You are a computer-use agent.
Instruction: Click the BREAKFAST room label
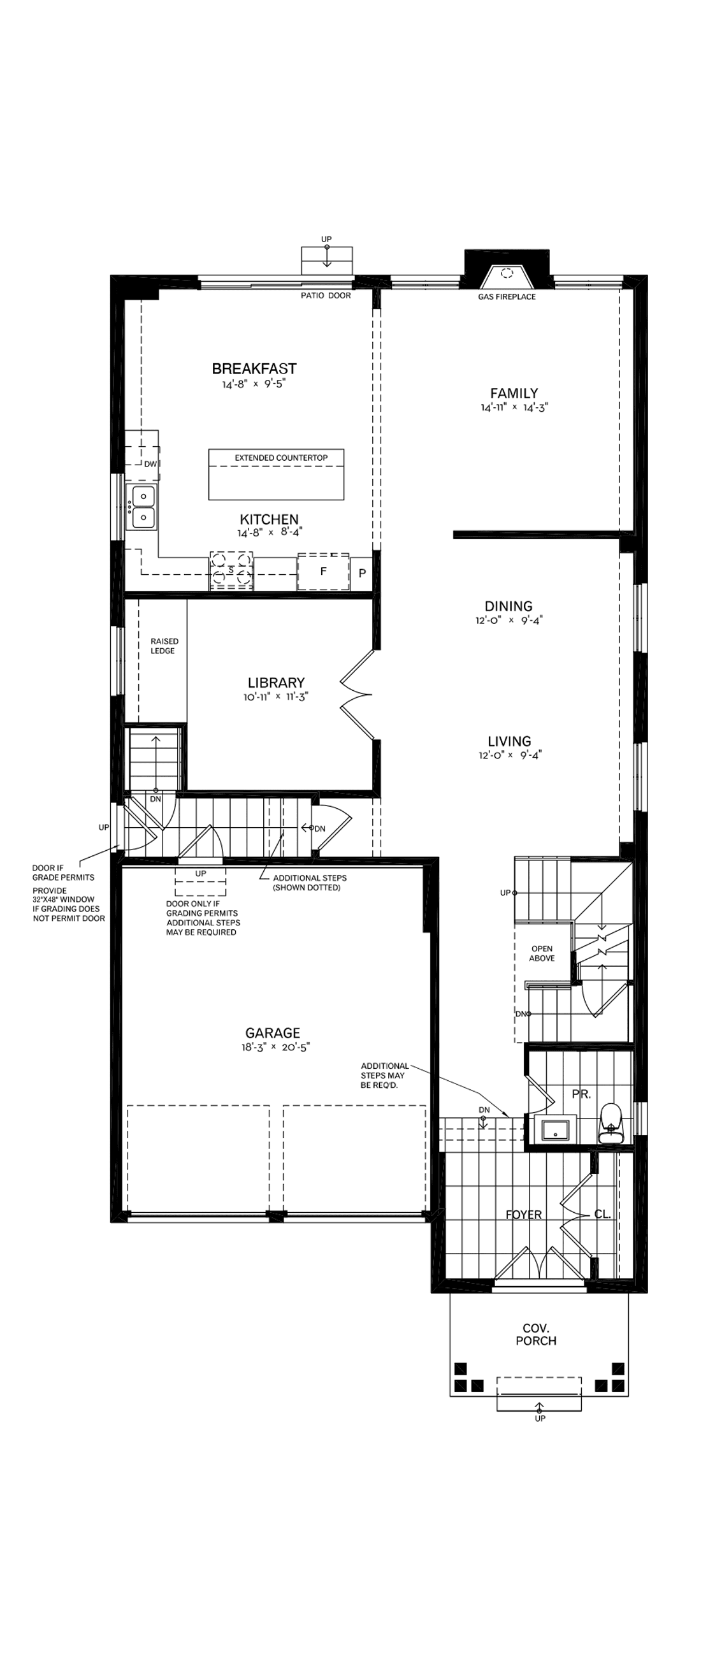click(254, 368)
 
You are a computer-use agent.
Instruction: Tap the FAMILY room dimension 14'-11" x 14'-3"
click(514, 407)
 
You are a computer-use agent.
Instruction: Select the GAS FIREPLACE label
click(507, 296)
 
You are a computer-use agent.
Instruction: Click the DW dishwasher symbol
click(150, 464)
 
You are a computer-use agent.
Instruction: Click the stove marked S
click(231, 570)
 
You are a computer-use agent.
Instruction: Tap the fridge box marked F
click(323, 571)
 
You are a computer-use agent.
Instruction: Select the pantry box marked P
click(362, 572)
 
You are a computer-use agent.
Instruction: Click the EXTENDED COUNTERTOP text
click(281, 458)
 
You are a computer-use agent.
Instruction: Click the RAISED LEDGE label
click(164, 646)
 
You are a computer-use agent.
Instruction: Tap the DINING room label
click(508, 606)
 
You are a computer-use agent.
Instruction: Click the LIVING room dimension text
click(510, 755)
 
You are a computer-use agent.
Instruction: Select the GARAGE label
click(273, 1033)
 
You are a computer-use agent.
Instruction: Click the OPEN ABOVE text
click(542, 953)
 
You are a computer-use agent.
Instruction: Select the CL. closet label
click(603, 1215)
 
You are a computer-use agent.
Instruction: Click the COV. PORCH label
click(536, 1334)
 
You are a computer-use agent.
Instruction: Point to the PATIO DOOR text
click(326, 296)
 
